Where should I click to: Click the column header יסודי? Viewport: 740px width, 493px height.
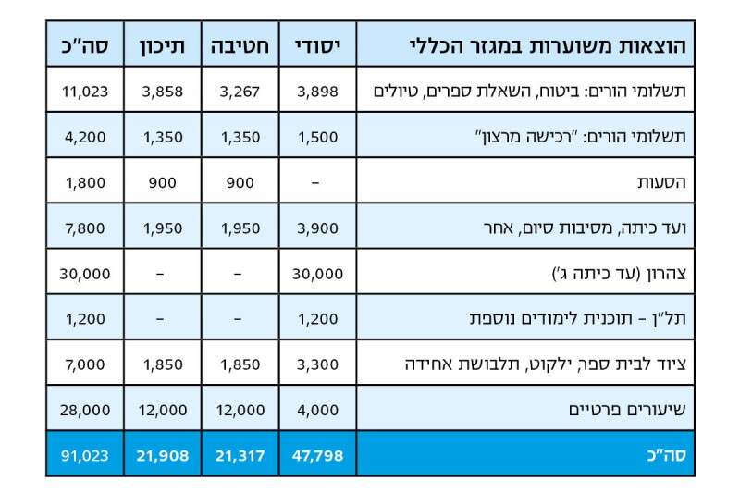click(317, 44)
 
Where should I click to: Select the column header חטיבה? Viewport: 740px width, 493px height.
click(240, 44)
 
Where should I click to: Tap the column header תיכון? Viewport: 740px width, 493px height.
click(163, 44)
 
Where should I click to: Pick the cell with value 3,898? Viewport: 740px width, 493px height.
click(317, 91)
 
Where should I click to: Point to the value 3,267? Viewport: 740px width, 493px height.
click(240, 91)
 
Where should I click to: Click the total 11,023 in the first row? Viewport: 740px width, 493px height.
click(86, 91)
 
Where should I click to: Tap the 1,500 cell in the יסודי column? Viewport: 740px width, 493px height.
click(317, 137)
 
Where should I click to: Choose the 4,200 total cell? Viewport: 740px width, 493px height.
click(86, 137)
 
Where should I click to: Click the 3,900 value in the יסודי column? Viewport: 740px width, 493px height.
click(317, 228)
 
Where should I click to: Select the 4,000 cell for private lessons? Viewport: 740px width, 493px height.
click(317, 409)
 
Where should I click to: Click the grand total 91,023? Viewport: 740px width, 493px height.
click(85, 454)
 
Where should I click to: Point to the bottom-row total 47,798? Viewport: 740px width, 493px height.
click(317, 454)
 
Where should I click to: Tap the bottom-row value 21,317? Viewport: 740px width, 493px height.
click(240, 454)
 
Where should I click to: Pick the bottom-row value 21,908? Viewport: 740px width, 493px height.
click(163, 454)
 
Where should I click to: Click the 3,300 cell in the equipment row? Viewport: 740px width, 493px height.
click(317, 364)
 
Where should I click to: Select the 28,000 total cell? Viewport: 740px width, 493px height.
click(86, 409)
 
